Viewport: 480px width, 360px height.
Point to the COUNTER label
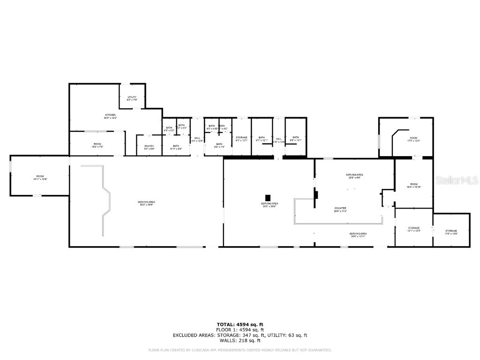coord(340,209)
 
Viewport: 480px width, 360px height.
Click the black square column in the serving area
coord(268,197)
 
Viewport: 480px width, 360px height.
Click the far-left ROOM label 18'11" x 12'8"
coord(40,177)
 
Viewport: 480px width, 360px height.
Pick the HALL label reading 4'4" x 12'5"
coord(197,139)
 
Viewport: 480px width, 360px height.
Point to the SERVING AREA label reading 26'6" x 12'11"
coord(358,235)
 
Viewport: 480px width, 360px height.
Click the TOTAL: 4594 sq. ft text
coord(240,324)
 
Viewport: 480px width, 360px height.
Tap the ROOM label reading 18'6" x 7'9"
coord(97,145)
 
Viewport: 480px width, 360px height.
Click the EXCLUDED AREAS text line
coord(240,335)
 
